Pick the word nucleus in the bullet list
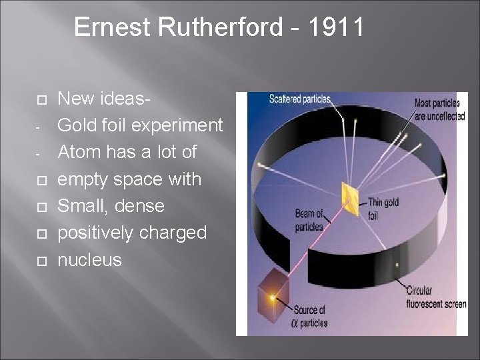89,259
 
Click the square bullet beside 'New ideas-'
39,99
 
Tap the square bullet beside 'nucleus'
39,260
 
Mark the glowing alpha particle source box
272,293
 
